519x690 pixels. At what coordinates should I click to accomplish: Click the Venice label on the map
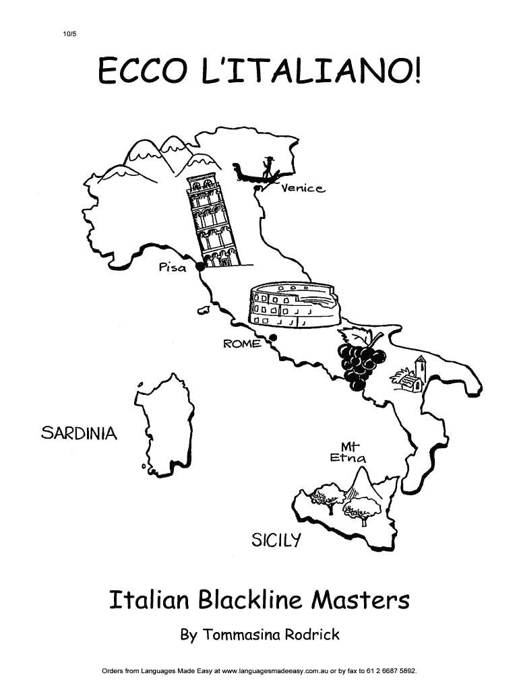303,189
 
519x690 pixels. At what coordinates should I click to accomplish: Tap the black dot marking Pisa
200,266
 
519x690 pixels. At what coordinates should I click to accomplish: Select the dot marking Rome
273,338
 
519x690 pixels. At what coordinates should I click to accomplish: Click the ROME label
242,344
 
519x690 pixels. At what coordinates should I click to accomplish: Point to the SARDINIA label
80,433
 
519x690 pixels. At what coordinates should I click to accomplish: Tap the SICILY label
276,540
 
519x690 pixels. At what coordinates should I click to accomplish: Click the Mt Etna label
348,452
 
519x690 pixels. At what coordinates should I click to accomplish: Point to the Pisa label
172,266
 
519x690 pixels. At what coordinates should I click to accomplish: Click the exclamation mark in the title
417,70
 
